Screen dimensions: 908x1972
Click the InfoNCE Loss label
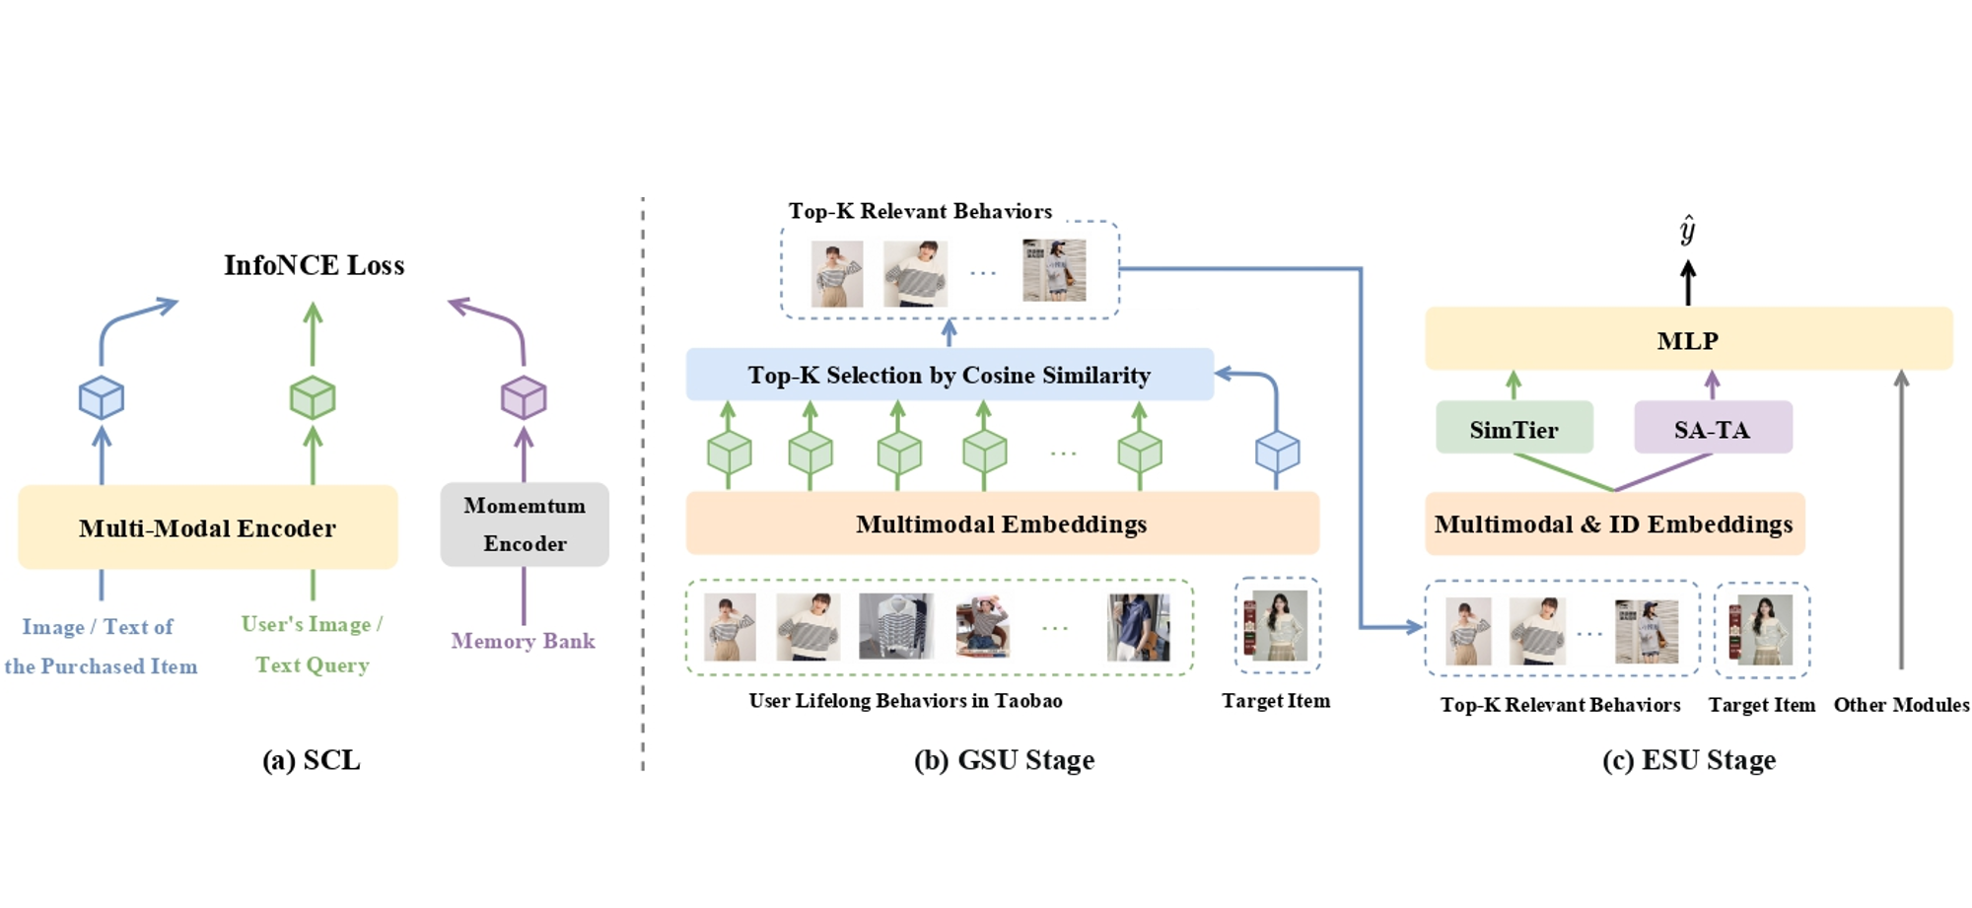coord(314,265)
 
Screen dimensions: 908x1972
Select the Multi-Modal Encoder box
coord(207,527)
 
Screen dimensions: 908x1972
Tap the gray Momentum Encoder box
coord(525,524)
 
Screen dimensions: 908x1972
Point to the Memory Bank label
coord(523,641)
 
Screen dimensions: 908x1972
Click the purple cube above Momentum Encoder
coord(524,397)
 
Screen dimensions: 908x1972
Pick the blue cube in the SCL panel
coord(102,397)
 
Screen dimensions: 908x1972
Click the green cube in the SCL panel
coord(313,397)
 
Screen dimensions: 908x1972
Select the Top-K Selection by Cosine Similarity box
coord(949,375)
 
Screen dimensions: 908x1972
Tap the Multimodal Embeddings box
coord(1002,524)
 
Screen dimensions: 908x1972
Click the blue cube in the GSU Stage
coord(1277,453)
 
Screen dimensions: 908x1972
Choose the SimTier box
coord(1514,429)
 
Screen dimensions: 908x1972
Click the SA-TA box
coord(1713,429)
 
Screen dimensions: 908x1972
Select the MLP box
coord(1688,340)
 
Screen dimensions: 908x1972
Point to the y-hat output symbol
coord(1688,230)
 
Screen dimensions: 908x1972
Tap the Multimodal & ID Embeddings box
coord(1614,524)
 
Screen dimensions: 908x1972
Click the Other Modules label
coord(1901,705)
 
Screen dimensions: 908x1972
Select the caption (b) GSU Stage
coord(1004,760)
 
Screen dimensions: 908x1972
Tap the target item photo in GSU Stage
coord(1278,625)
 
